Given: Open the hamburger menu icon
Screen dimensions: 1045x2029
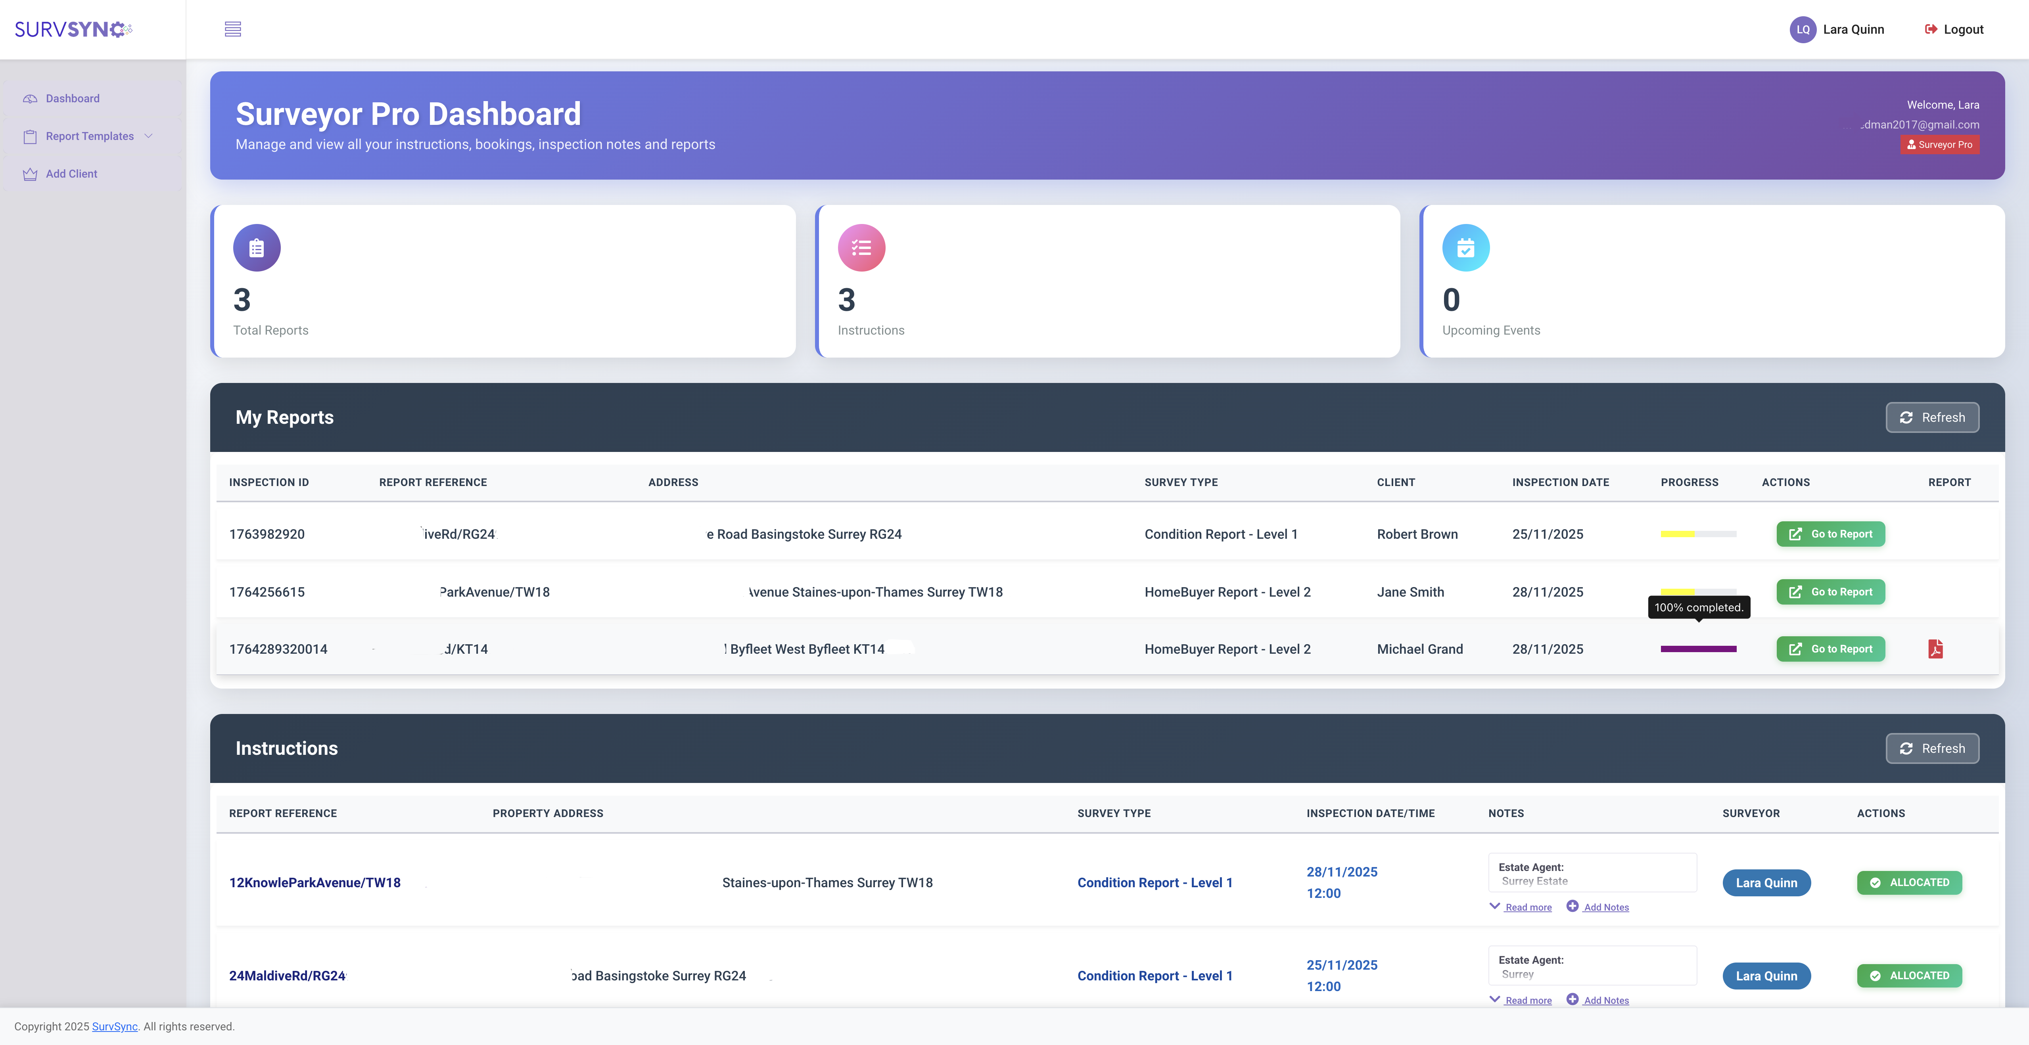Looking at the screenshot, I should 232,29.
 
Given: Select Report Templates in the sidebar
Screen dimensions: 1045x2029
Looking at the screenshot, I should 90,136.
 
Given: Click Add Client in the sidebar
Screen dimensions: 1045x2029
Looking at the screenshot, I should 71,174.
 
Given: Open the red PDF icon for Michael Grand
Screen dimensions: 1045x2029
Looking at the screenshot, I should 1935,649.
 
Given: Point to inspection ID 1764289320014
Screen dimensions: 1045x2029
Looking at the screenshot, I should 278,649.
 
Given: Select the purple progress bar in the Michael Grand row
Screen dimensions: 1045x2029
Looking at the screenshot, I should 1698,649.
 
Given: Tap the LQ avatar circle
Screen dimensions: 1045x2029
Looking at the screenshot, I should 1802,29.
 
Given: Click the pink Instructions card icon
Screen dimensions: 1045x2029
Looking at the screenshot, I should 861,248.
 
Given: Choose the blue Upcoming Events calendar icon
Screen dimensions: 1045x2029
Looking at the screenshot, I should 1465,248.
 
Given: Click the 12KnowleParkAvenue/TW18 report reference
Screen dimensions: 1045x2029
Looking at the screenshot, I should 314,883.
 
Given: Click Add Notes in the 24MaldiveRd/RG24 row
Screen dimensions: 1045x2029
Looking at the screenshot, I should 1605,1000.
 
